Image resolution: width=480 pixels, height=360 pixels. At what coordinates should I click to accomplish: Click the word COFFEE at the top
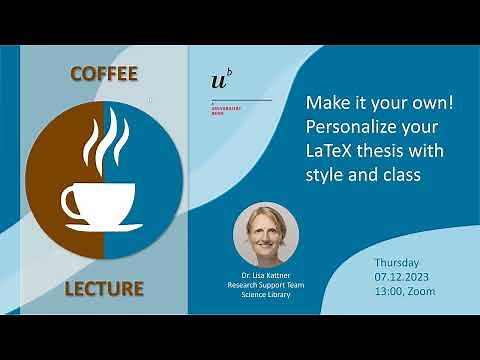pos(103,74)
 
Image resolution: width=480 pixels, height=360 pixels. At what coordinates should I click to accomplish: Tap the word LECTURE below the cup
pos(103,289)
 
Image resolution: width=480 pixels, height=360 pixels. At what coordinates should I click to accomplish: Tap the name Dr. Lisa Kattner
pos(265,274)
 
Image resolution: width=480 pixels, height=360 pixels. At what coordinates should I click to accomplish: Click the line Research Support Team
pos(265,284)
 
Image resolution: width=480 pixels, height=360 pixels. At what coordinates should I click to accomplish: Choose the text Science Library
pos(265,294)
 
